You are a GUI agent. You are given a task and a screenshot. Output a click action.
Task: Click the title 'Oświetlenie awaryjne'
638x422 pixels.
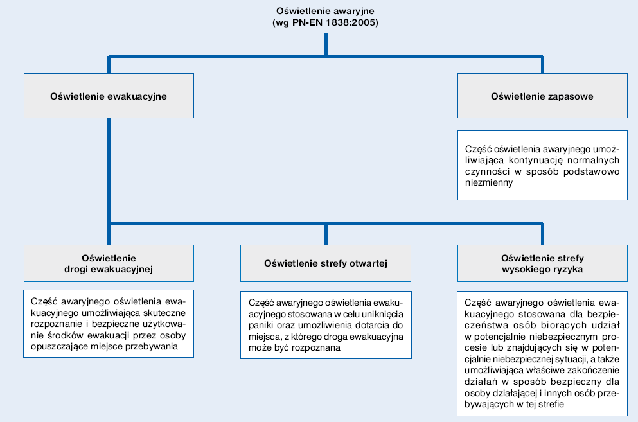click(325, 11)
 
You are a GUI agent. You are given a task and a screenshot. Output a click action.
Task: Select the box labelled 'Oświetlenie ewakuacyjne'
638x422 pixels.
click(109, 96)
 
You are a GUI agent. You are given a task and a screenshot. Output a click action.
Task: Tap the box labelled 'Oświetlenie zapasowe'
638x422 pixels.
click(542, 96)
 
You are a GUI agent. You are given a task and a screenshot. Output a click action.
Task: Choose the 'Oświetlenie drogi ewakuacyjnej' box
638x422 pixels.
click(109, 263)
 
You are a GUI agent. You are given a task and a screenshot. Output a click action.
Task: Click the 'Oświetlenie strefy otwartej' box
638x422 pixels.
click(326, 263)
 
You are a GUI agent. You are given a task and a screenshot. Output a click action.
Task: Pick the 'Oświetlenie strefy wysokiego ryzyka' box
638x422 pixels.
click(542, 263)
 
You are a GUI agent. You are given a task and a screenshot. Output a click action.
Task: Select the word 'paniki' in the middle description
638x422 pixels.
click(260, 326)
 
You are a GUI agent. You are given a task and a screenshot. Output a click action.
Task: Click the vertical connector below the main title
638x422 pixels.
click(326, 44)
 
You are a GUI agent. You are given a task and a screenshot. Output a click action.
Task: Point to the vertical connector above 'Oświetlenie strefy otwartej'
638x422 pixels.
click(326, 235)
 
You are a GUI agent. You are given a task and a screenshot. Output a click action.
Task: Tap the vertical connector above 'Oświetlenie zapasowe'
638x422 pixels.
click(542, 65)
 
